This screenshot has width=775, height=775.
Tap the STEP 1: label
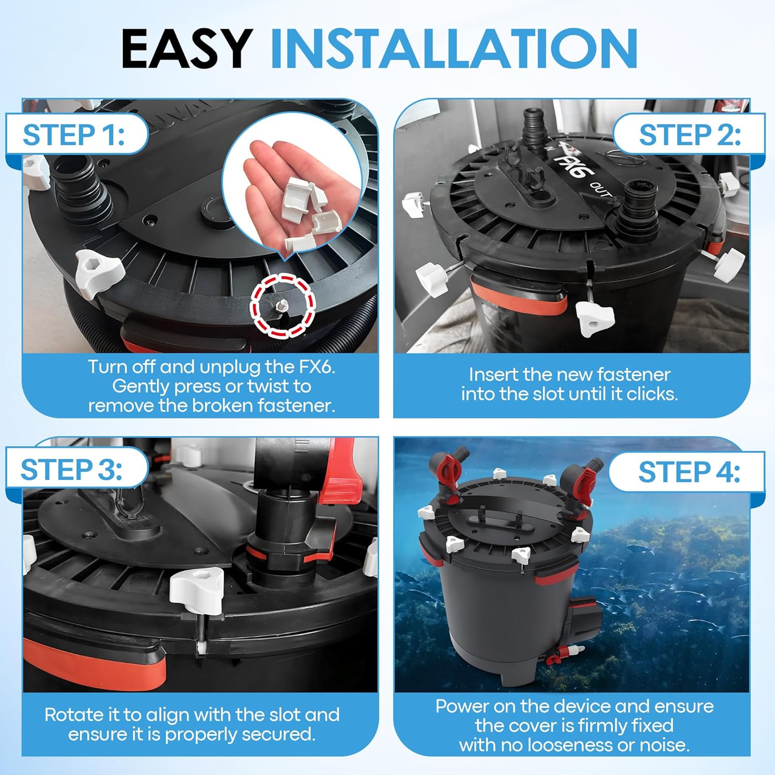pyautogui.click(x=74, y=135)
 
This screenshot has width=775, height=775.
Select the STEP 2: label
pyautogui.click(x=690, y=135)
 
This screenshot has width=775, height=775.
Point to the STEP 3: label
pyautogui.click(x=72, y=470)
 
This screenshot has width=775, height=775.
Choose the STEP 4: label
pyautogui.click(x=689, y=472)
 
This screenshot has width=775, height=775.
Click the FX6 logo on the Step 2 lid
pyautogui.click(x=568, y=164)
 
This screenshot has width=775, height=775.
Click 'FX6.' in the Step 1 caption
pyautogui.click(x=317, y=367)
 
